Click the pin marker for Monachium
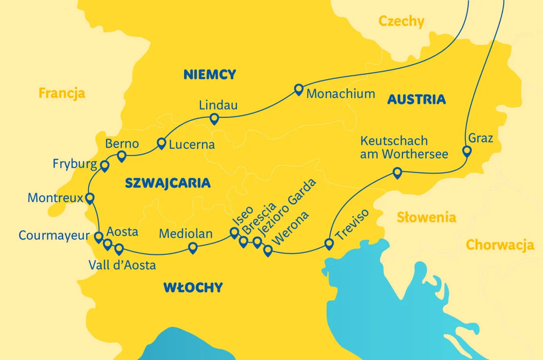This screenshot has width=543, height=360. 299,89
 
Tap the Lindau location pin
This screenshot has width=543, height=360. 214,119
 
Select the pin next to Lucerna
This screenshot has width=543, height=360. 161,143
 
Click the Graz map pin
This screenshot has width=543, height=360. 467,151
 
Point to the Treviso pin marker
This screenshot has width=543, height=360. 329,244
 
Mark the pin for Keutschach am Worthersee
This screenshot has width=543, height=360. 397,173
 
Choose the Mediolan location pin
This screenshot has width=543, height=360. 193,248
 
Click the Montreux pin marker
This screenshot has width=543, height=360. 90,198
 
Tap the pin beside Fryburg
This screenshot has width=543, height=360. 104,165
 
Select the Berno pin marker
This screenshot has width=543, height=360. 122,156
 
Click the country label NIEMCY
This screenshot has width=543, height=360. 210,75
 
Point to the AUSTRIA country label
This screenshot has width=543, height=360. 416,100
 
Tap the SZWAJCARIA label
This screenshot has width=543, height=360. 168,183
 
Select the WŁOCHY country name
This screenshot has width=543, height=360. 193,287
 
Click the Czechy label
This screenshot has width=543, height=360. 401,21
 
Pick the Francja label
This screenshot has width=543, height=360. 62,93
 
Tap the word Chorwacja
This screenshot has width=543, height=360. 500,245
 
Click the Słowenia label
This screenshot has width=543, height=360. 426,218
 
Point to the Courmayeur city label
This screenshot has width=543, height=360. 54,235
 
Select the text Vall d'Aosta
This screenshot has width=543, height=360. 122,265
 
